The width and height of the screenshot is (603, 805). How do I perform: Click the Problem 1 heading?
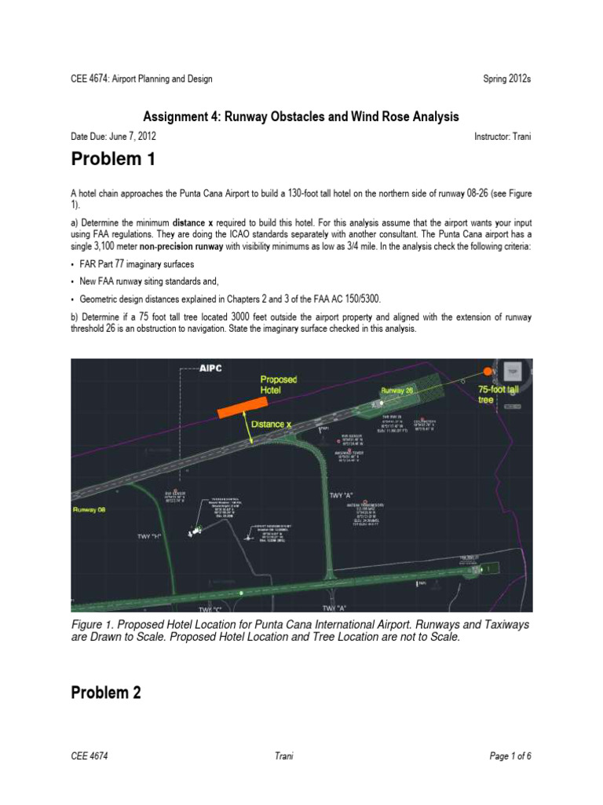113,160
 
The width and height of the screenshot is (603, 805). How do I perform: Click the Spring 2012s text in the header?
507,79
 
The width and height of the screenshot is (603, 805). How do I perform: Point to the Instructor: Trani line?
502,136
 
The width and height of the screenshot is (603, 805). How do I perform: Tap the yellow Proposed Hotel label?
279,384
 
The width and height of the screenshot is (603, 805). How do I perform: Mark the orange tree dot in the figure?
488,370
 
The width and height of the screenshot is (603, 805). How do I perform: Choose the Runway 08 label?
86,509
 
